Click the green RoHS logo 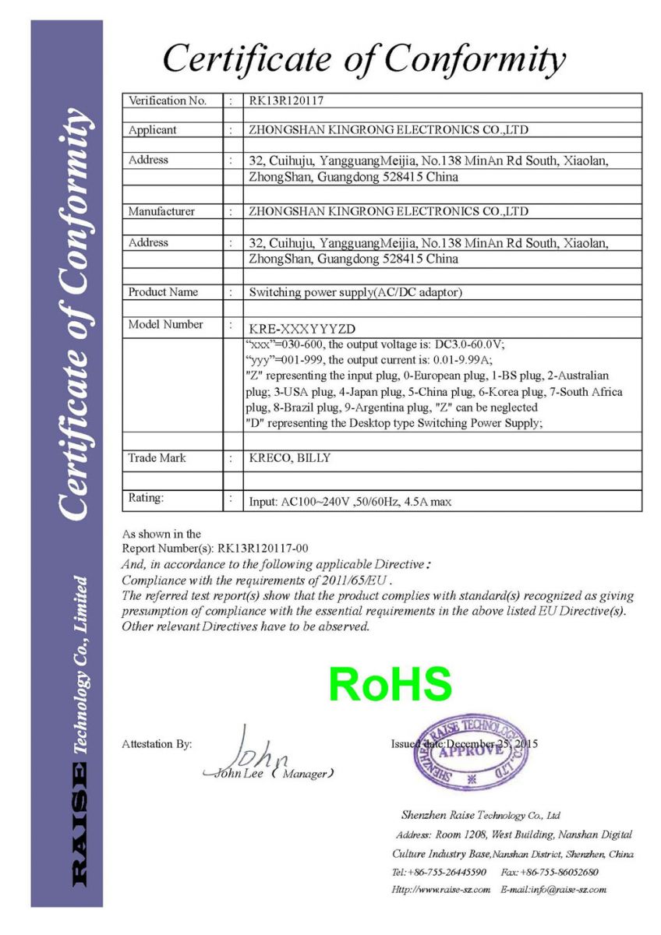click(390, 684)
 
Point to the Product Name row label click(163, 292)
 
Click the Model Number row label click(165, 325)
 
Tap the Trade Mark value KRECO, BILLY click(289, 458)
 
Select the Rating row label click(147, 497)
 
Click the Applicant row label click(152, 130)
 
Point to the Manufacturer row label click(161, 211)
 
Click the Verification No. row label click(167, 101)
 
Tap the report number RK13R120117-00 click(263, 549)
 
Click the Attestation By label click(157, 744)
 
